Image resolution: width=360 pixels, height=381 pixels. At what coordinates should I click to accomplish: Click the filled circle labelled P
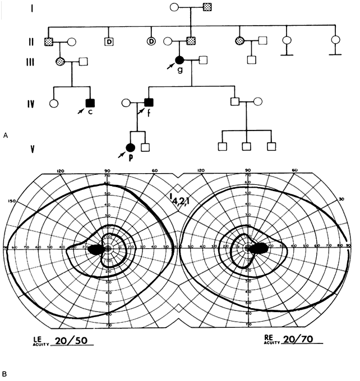click(x=130, y=147)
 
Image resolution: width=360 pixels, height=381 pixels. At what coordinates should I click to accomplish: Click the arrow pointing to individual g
click(x=170, y=67)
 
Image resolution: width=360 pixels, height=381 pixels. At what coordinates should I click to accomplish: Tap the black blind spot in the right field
click(x=260, y=248)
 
